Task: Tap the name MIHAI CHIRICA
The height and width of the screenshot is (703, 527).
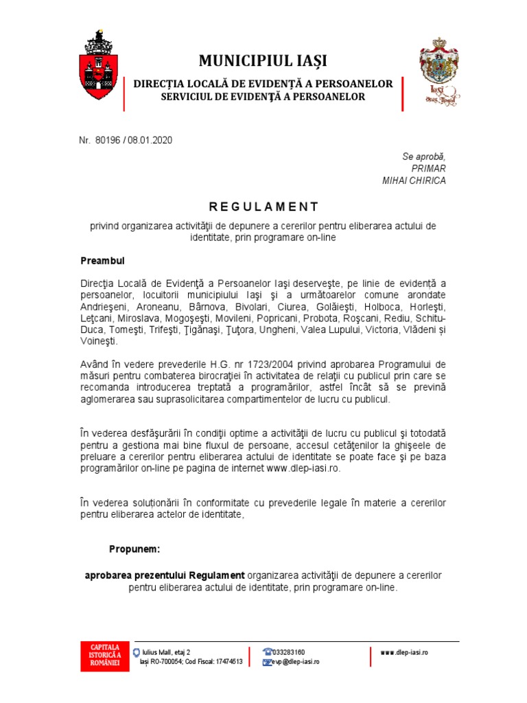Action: click(x=414, y=181)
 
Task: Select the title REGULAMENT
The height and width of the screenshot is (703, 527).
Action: click(x=263, y=207)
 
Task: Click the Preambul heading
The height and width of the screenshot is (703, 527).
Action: click(x=102, y=262)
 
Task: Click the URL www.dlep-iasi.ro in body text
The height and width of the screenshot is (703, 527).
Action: click(x=303, y=469)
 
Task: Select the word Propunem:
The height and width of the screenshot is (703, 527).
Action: click(x=134, y=549)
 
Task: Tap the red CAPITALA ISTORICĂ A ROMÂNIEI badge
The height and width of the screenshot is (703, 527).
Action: click(x=100, y=656)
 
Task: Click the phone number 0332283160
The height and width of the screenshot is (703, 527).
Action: click(x=289, y=652)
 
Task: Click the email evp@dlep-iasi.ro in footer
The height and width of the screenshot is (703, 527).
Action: click(x=294, y=662)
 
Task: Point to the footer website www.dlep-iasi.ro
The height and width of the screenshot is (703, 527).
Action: click(x=404, y=652)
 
